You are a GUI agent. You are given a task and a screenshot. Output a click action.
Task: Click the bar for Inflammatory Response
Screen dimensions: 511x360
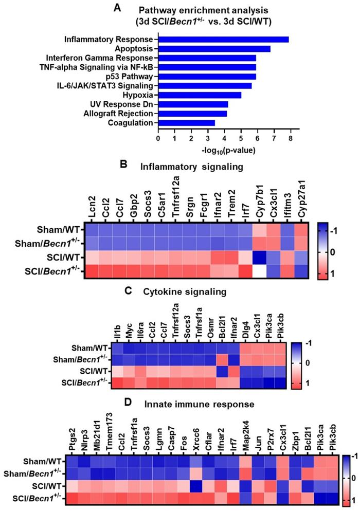(223, 39)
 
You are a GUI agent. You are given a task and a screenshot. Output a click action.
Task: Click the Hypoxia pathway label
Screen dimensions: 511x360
(137, 95)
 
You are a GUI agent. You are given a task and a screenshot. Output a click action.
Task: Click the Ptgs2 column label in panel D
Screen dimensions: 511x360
(73, 433)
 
